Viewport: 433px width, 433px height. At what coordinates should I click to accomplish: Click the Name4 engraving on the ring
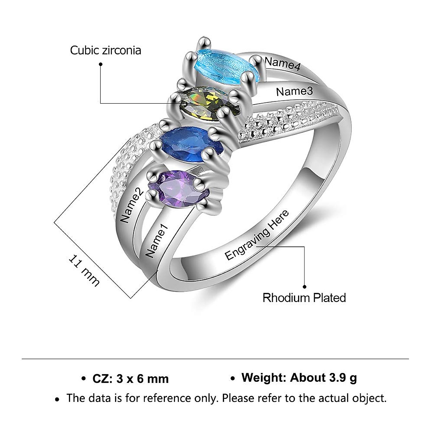pos(283,64)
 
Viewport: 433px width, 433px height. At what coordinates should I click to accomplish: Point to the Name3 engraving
pos(294,91)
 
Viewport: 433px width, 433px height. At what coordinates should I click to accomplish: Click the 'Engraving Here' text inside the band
pos(257,235)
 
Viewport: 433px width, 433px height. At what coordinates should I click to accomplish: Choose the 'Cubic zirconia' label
pos(105,50)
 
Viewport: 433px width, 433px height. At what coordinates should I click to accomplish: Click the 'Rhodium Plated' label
pos(304,298)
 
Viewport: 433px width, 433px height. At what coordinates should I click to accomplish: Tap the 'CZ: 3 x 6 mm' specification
pos(131,379)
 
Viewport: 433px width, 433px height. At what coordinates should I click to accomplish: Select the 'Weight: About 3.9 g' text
pos(299,378)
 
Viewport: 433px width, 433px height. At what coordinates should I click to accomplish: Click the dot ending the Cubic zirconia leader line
pos(101,64)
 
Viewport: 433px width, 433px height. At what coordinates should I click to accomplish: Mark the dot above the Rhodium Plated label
pos(305,287)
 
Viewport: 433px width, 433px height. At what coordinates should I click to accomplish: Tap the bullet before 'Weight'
pos(233,379)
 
